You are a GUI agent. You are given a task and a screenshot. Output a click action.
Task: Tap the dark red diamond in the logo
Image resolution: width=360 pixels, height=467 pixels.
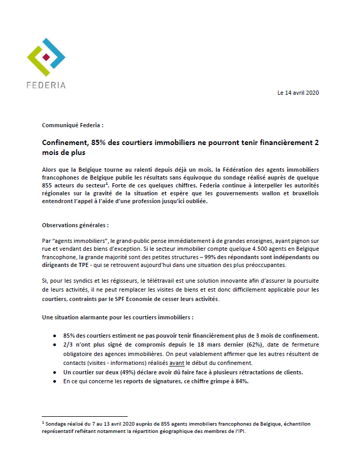(47, 56)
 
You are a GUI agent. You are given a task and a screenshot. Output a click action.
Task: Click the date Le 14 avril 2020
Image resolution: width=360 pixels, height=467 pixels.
(298, 93)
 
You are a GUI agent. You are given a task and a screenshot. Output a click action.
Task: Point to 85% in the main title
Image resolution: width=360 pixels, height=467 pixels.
(99, 143)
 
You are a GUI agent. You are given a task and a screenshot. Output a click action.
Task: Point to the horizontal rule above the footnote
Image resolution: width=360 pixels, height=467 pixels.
(85, 417)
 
